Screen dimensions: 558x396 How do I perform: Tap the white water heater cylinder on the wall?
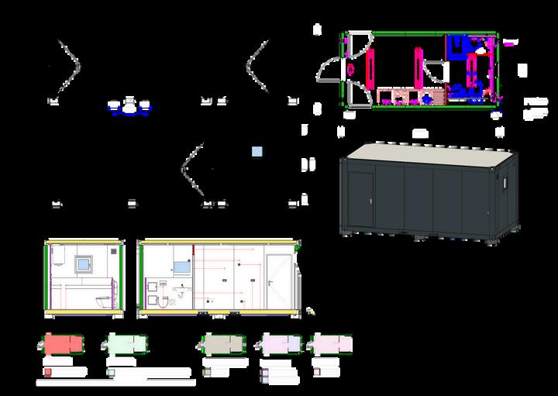pyautogui.click(x=58, y=257)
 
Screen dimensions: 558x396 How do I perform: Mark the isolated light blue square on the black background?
pyautogui.click(x=257, y=152)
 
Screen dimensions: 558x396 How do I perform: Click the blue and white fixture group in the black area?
pyautogui.click(x=130, y=107)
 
